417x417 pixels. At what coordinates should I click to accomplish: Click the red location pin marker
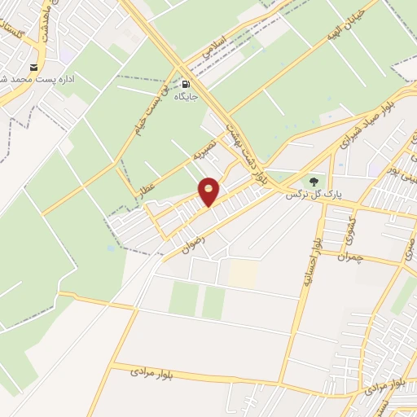click(209, 191)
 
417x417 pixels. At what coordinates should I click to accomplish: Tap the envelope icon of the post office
click(33, 66)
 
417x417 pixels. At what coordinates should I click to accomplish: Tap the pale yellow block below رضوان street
click(242, 273)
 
